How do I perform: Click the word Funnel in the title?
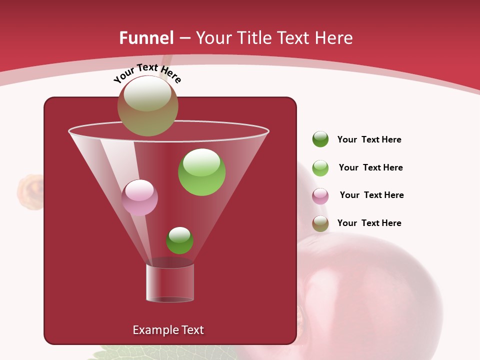click(x=146, y=38)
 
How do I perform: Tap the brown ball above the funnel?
click(x=147, y=106)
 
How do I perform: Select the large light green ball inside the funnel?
click(x=201, y=172)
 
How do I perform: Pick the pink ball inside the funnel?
click(x=139, y=197)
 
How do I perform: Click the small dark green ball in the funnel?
click(x=179, y=240)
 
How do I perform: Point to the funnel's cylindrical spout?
click(x=170, y=283)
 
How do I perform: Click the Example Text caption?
click(x=168, y=330)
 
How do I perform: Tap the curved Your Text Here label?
click(x=147, y=73)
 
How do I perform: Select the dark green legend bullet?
click(x=320, y=139)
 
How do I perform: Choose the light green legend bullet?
click(x=320, y=168)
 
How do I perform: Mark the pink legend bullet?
click(x=320, y=196)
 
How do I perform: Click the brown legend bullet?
click(x=320, y=223)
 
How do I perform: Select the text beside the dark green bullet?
click(x=369, y=139)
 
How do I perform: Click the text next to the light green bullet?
click(x=370, y=167)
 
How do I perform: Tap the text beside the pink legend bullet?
click(x=371, y=195)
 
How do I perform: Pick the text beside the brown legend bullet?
click(x=369, y=223)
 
